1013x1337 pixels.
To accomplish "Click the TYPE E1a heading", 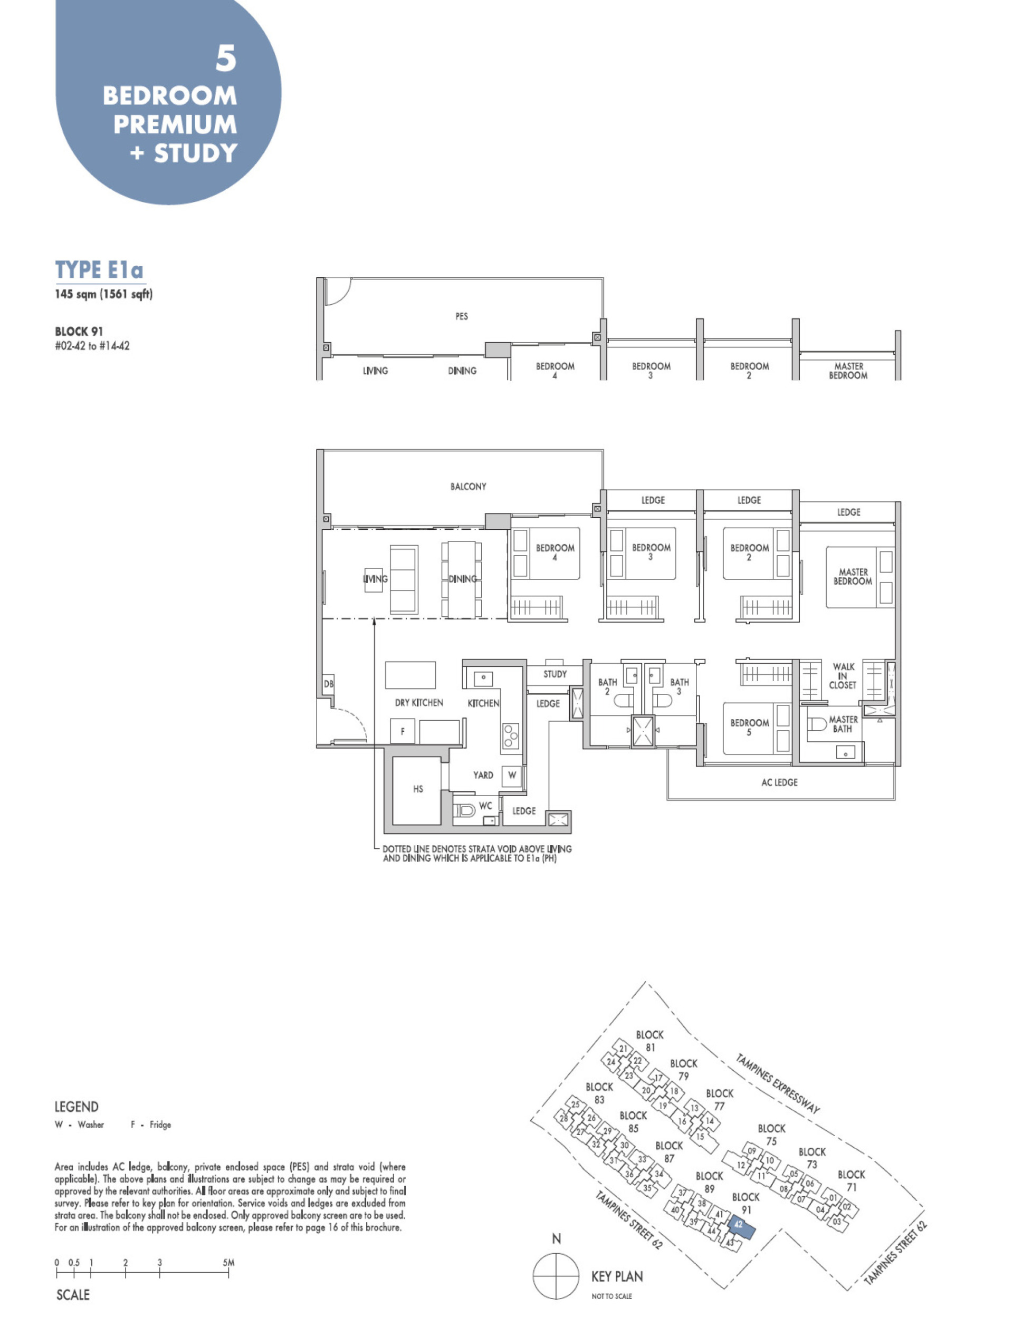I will click(99, 269).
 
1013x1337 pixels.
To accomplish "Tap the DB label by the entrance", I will click(328, 684).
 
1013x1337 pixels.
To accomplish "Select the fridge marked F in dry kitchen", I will click(402, 731).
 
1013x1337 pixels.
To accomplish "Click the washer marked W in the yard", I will click(512, 775).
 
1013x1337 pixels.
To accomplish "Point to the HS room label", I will click(418, 789).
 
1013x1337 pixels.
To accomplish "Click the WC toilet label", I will click(485, 806).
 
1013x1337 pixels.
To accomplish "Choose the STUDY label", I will click(555, 674).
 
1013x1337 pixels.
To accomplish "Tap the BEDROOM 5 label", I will click(749, 727).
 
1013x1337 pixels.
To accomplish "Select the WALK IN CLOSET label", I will click(843, 676).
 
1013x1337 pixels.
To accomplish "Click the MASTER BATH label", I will click(843, 724).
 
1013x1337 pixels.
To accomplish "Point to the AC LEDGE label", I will click(779, 782).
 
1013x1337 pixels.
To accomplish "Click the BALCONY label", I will click(467, 487).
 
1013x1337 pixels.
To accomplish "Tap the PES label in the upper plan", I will click(462, 316).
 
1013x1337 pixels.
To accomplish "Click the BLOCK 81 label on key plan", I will click(649, 1041).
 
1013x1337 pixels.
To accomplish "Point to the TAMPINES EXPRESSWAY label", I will click(778, 1083).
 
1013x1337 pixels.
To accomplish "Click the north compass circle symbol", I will click(556, 1276).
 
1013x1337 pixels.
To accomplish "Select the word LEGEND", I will click(76, 1107).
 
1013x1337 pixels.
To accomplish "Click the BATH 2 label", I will click(607, 686).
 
